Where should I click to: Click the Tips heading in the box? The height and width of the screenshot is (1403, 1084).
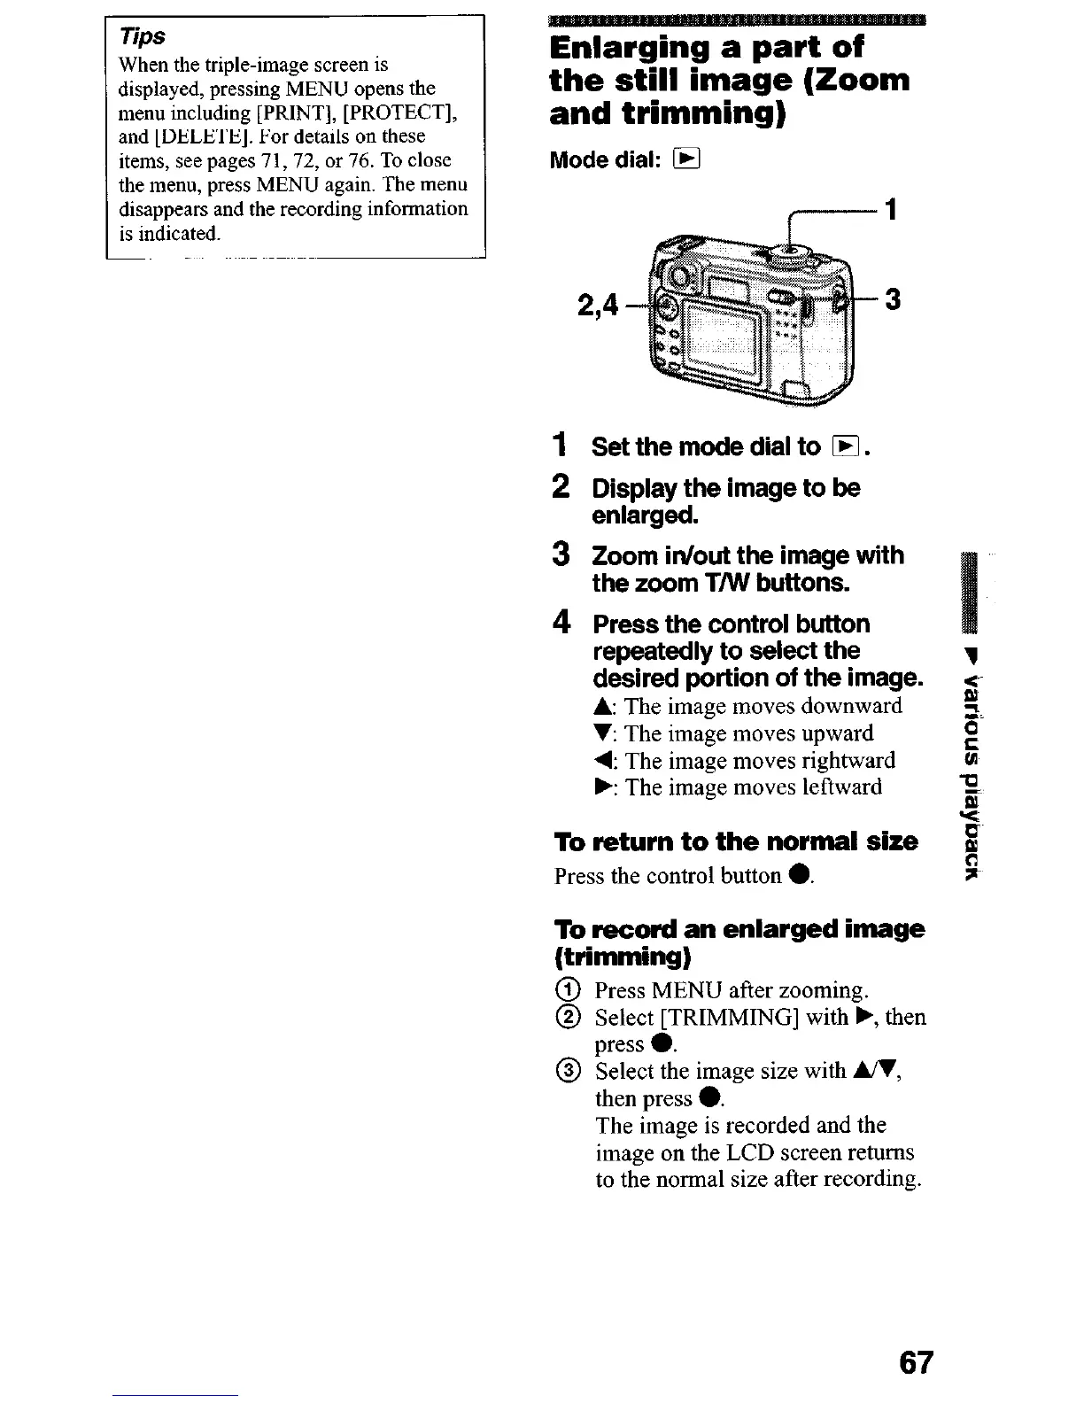tap(143, 37)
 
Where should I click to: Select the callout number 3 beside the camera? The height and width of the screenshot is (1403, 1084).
tap(893, 300)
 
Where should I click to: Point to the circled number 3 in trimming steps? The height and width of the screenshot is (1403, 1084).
tap(573, 1072)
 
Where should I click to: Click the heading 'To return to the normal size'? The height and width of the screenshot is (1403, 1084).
tap(735, 841)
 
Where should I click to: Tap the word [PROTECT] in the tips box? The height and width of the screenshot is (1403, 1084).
tap(398, 112)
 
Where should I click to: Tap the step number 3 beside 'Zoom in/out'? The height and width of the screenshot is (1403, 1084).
tap(561, 554)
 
